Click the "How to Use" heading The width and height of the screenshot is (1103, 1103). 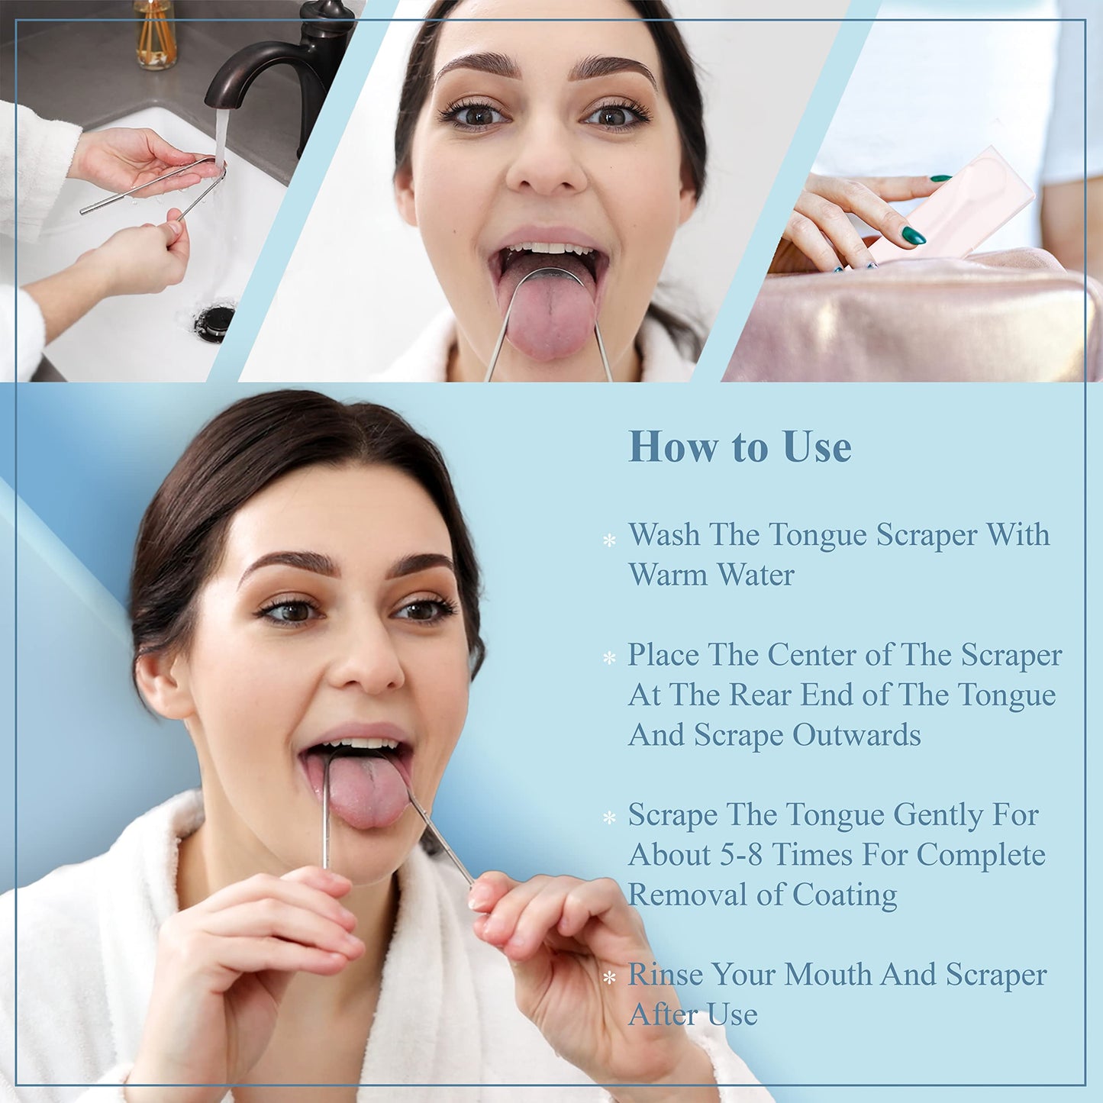click(739, 447)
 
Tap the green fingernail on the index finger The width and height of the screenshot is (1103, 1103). click(913, 235)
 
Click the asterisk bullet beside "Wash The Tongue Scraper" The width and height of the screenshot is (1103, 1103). click(609, 540)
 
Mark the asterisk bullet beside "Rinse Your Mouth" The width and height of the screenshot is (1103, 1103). click(609, 977)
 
